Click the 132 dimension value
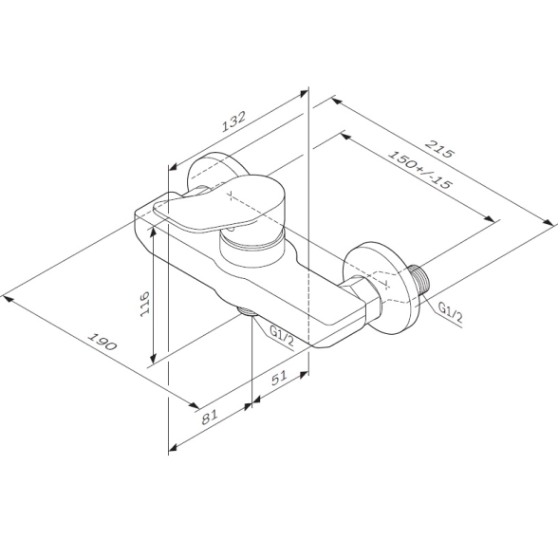coord(233,121)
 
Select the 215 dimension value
coord(440,149)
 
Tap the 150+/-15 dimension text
coord(420,169)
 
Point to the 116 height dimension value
coord(145,304)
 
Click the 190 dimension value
coord(102,342)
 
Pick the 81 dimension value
coord(209,417)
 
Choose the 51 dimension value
coord(279,378)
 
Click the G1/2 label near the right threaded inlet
coord(450,313)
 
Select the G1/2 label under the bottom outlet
coord(282,337)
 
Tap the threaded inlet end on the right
coord(419,280)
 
